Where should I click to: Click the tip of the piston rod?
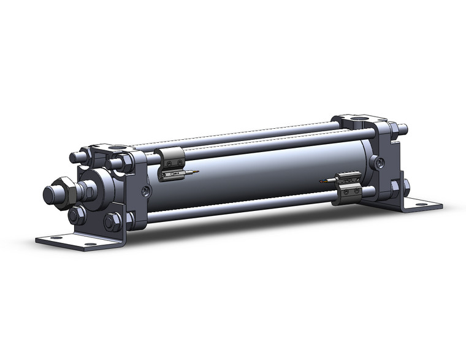click(48, 195)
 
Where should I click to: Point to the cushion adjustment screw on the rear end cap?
click(381, 163)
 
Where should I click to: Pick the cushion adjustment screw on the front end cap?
click(145, 192)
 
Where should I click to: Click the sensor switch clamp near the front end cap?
click(170, 158)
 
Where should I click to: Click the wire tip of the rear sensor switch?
click(322, 181)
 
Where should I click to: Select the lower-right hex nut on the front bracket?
click(112, 221)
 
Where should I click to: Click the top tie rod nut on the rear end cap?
click(401, 129)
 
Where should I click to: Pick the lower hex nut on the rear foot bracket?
click(405, 186)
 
